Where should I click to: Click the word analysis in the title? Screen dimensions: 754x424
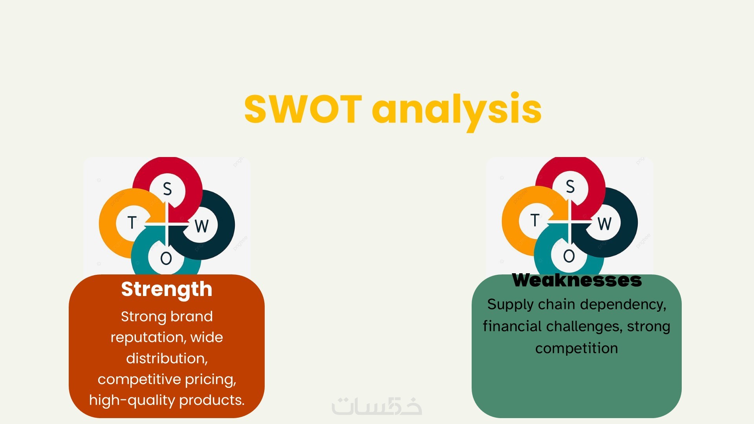(457, 111)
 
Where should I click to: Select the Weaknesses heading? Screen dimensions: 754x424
(577, 280)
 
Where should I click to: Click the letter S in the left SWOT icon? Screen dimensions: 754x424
(167, 189)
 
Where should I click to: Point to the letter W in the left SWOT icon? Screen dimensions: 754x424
(201, 226)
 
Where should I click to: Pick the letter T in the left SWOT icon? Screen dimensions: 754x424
(132, 223)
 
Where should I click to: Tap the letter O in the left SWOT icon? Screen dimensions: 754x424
(166, 258)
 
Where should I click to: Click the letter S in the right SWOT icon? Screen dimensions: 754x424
(570, 186)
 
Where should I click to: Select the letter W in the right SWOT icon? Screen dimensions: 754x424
(604, 224)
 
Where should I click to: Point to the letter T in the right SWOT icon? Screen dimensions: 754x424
(535, 220)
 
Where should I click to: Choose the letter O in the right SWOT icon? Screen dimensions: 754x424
(569, 256)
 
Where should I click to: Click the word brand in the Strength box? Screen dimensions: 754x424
(192, 316)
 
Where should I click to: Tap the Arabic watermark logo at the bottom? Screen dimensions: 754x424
(377, 406)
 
